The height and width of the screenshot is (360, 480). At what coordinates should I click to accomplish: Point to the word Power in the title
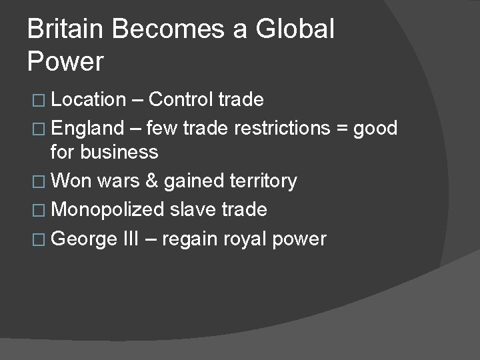(x=65, y=62)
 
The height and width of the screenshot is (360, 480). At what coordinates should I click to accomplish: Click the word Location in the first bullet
(x=88, y=100)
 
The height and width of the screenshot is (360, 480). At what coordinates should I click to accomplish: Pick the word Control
(x=182, y=100)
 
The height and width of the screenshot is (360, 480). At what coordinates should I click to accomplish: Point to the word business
(x=120, y=153)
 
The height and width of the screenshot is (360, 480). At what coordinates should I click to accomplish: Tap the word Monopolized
(x=107, y=211)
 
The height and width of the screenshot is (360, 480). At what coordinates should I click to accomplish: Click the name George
(x=83, y=239)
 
